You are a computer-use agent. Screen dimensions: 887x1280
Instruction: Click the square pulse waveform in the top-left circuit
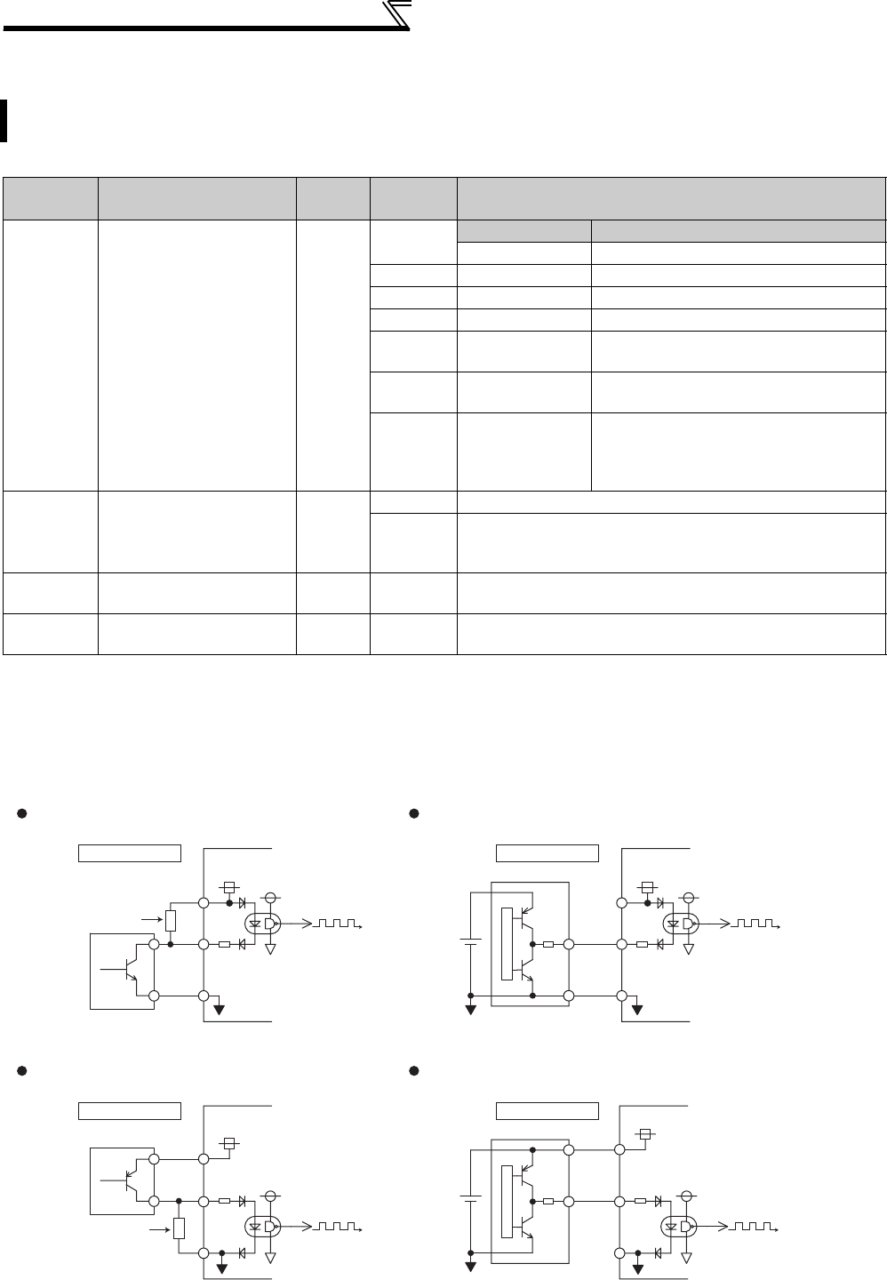[x=332, y=925]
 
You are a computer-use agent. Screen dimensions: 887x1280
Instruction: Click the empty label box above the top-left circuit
[x=130, y=853]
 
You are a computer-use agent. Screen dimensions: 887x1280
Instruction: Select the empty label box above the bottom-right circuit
[x=547, y=1111]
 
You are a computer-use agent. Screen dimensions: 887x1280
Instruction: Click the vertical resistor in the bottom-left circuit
[x=180, y=1228]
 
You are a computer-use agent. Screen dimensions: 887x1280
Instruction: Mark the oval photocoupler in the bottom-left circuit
[x=263, y=1228]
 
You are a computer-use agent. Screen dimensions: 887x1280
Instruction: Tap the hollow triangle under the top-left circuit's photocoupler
[x=271, y=949]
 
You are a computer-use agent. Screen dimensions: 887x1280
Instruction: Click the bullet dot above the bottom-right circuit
[x=414, y=1071]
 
